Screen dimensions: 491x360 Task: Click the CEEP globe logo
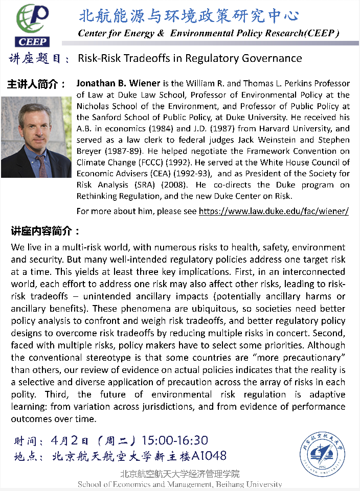tap(33, 24)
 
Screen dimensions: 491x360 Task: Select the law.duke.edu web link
tap(274, 211)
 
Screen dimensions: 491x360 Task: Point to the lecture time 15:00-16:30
tap(175, 440)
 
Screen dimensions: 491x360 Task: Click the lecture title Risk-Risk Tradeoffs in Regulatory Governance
tap(190, 58)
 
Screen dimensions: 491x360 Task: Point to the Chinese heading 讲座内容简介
tap(45, 230)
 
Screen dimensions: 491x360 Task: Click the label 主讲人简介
tap(36, 84)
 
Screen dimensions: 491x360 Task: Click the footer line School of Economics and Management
tap(179, 484)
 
